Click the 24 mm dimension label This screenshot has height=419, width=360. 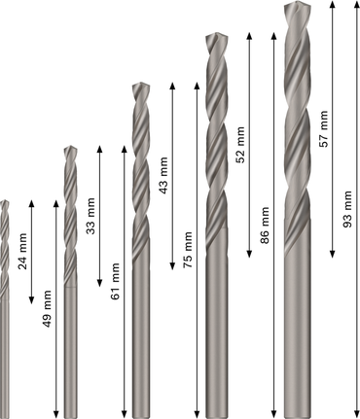(x=21, y=256)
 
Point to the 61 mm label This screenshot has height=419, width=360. (x=117, y=281)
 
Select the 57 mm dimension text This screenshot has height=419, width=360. (x=323, y=127)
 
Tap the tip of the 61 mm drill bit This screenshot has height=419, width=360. (x=69, y=148)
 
